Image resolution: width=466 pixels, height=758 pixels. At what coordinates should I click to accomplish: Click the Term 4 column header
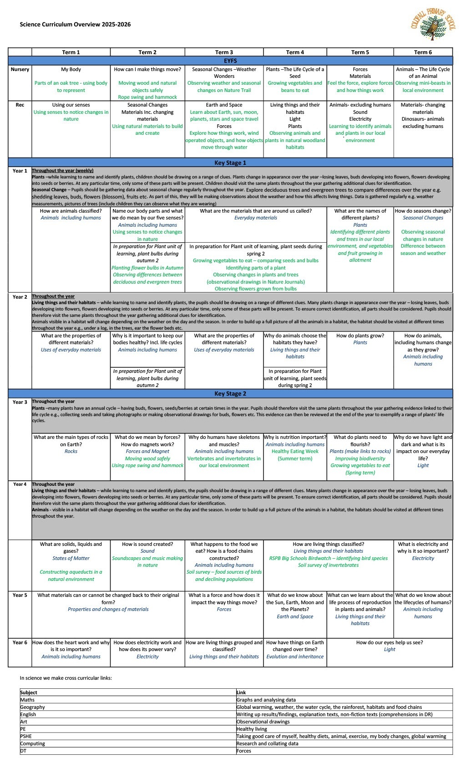295,52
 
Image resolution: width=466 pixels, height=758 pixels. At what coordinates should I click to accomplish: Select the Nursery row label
20,70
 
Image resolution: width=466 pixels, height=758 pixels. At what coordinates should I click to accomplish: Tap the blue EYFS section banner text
230,61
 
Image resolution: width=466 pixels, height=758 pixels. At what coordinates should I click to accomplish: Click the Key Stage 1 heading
230,163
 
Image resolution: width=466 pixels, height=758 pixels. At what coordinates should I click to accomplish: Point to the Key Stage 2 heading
230,394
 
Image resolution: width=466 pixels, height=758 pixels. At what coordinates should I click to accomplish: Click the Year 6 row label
20,642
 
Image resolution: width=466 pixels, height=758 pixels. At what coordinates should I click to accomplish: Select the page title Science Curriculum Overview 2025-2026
75,25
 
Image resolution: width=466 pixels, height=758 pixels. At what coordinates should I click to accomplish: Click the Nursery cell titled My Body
71,70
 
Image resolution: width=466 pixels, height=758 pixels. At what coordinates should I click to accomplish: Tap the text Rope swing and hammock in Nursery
147,97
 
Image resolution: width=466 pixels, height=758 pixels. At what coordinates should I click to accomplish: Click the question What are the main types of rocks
71,441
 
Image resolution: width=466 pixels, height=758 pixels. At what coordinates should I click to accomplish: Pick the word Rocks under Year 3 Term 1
71,452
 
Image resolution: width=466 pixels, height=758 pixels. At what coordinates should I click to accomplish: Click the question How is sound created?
147,544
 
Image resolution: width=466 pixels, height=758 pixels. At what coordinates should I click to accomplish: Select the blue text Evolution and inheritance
295,656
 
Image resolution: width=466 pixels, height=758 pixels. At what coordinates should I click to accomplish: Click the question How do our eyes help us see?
390,642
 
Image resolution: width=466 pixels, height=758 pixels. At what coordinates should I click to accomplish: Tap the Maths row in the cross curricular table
27,700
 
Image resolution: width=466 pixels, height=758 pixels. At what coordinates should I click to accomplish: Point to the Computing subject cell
32,743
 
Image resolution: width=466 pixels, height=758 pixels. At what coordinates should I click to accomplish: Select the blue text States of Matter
71,558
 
